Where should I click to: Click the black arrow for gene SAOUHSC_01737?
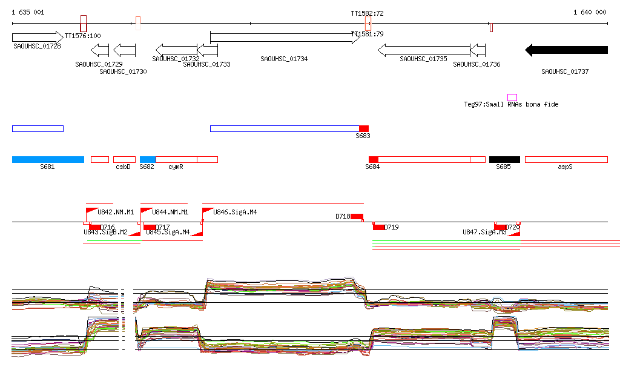[566, 50]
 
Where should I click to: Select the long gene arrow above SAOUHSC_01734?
[285, 38]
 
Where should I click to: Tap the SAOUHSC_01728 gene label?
[37, 47]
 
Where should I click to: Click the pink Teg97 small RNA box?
[512, 97]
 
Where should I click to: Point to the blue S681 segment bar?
[48, 159]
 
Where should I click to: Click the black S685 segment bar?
[504, 159]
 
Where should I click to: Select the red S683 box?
[364, 128]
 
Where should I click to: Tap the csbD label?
[123, 167]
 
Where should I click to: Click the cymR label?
[176, 167]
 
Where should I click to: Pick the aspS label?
[565, 167]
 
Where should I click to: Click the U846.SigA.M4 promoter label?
[234, 213]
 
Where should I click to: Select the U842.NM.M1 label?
[116, 213]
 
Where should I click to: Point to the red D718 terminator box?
[357, 217]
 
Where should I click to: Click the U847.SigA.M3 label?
[484, 232]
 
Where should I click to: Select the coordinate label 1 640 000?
[589, 12]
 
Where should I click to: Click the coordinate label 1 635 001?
[28, 12]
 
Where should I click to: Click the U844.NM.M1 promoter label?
[170, 213]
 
